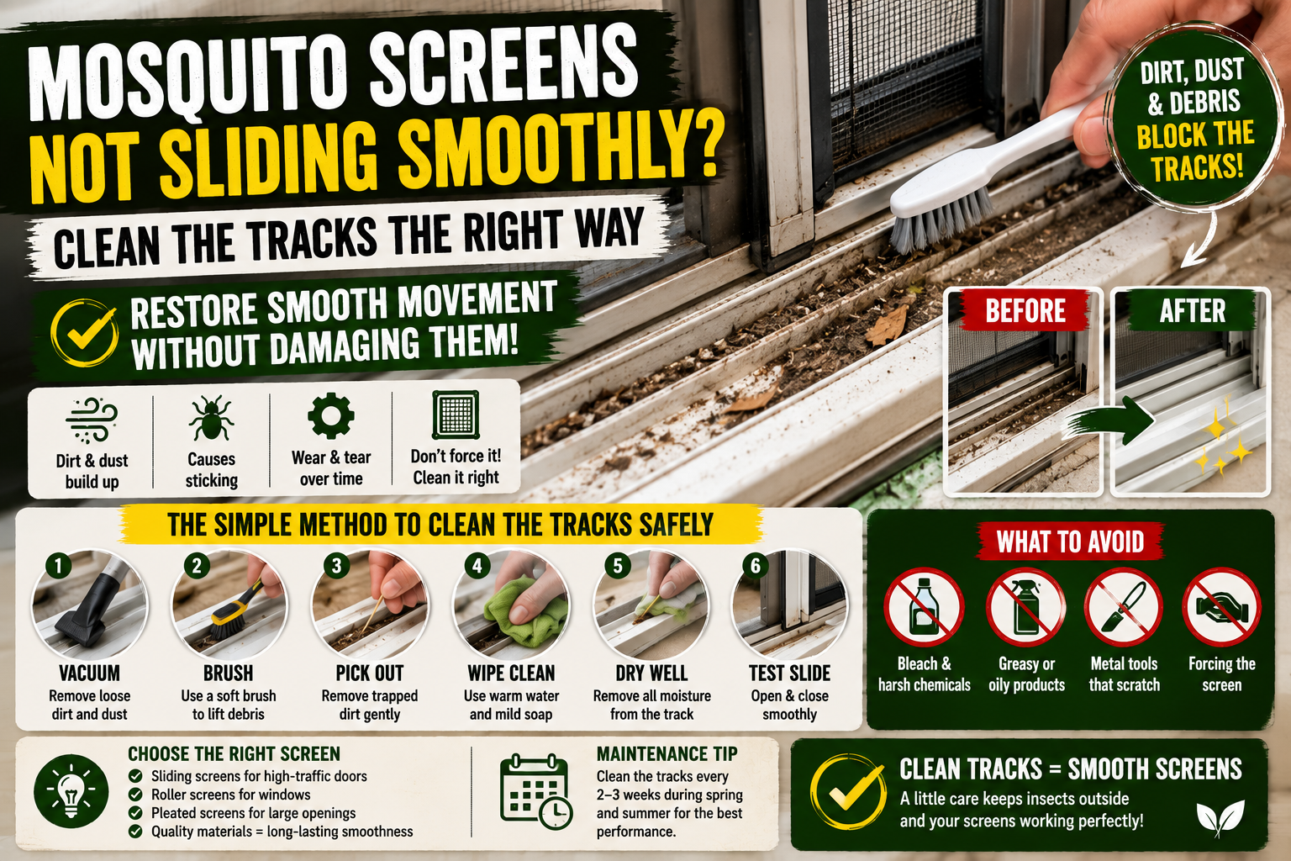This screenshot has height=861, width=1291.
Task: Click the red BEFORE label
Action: (1025, 311)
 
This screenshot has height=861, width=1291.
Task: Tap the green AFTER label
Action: (1191, 311)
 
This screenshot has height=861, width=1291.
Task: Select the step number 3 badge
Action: (336, 566)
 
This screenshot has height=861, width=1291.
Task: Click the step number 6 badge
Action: (755, 566)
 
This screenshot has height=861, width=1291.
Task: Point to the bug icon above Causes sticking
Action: (211, 418)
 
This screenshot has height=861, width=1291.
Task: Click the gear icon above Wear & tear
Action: (331, 415)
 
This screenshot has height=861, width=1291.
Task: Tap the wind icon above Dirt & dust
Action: (92, 420)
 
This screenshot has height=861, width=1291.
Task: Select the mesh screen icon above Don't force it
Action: (456, 415)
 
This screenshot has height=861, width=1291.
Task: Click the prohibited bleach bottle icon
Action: (924, 607)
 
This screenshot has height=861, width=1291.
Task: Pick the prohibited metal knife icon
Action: (1123, 607)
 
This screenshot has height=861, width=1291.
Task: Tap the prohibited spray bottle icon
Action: (1025, 607)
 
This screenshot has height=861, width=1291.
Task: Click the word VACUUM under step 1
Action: (89, 673)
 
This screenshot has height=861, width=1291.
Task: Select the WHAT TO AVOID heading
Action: (1070, 541)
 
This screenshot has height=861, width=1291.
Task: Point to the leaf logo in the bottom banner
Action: (1220, 818)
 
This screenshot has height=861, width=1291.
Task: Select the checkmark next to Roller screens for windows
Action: (135, 795)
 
